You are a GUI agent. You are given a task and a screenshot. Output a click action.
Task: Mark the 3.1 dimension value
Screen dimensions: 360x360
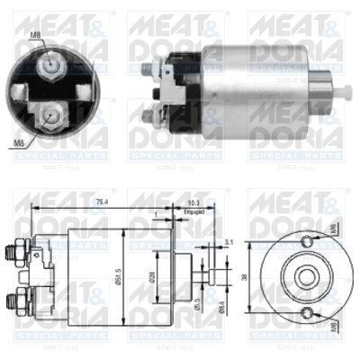click(229, 242)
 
